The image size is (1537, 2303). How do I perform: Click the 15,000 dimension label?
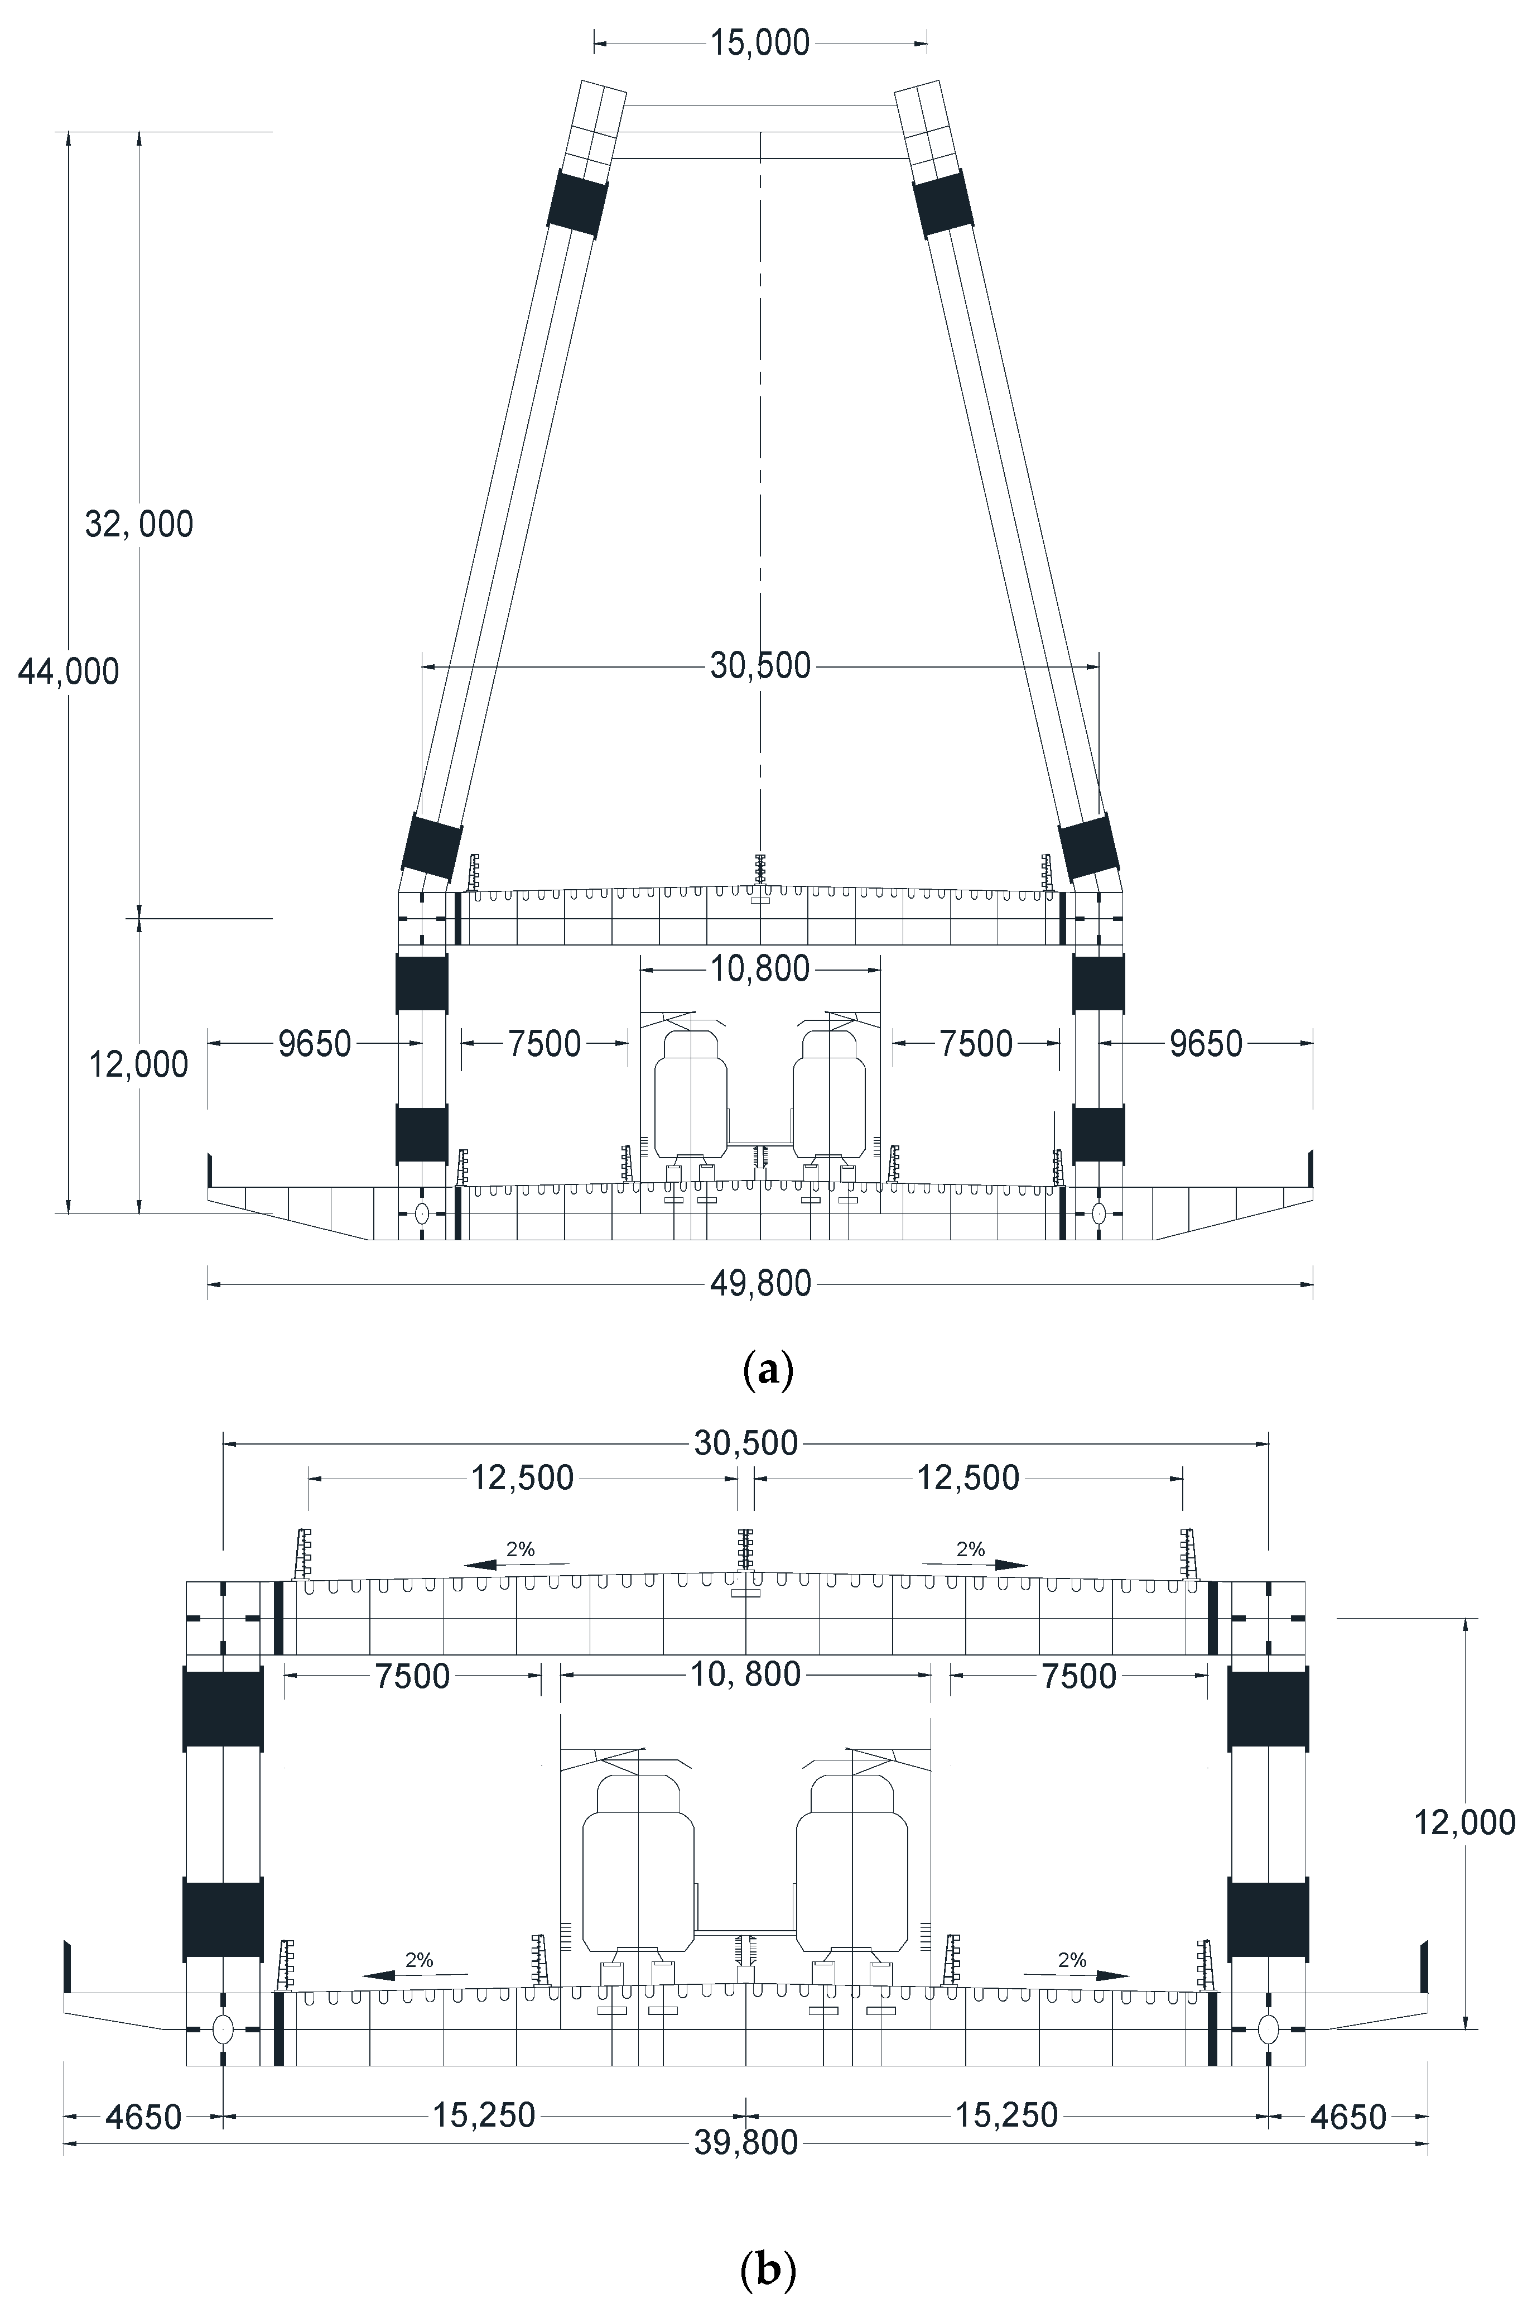760,43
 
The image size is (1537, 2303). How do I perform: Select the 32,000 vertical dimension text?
139,525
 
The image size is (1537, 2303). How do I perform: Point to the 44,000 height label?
69,671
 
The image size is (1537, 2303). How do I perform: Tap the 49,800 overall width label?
760,1283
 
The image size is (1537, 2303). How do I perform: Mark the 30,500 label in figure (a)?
760,666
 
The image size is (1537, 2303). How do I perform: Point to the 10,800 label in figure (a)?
760,970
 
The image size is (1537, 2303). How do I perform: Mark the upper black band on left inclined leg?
577,204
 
